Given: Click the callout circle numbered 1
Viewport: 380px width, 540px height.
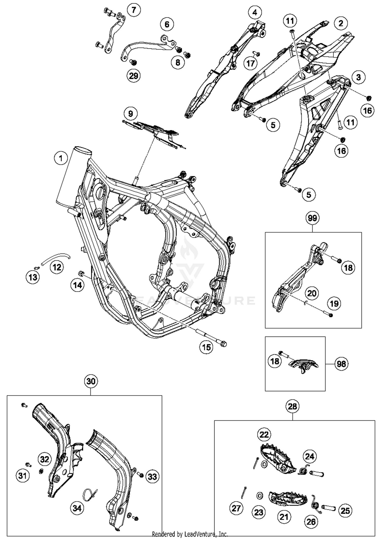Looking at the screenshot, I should click(61, 159).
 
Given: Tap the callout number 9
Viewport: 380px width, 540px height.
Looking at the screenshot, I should click(130, 113).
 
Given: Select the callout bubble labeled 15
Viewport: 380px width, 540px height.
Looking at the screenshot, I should click(206, 347).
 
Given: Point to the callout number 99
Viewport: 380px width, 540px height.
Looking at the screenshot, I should click(312, 218).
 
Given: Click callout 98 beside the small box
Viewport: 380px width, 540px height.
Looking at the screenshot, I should click(341, 364).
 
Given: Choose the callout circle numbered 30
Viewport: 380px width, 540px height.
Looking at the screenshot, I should click(91, 381).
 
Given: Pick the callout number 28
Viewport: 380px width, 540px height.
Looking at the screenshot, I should click(292, 406).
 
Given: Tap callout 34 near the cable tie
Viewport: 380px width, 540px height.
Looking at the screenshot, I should click(77, 508).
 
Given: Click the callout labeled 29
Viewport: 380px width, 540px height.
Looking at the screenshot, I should click(134, 76).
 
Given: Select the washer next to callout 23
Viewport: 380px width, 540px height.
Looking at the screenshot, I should click(260, 495).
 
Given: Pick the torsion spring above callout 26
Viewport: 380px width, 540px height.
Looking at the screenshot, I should click(316, 504).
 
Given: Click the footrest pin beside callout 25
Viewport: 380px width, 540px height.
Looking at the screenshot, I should click(329, 508).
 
